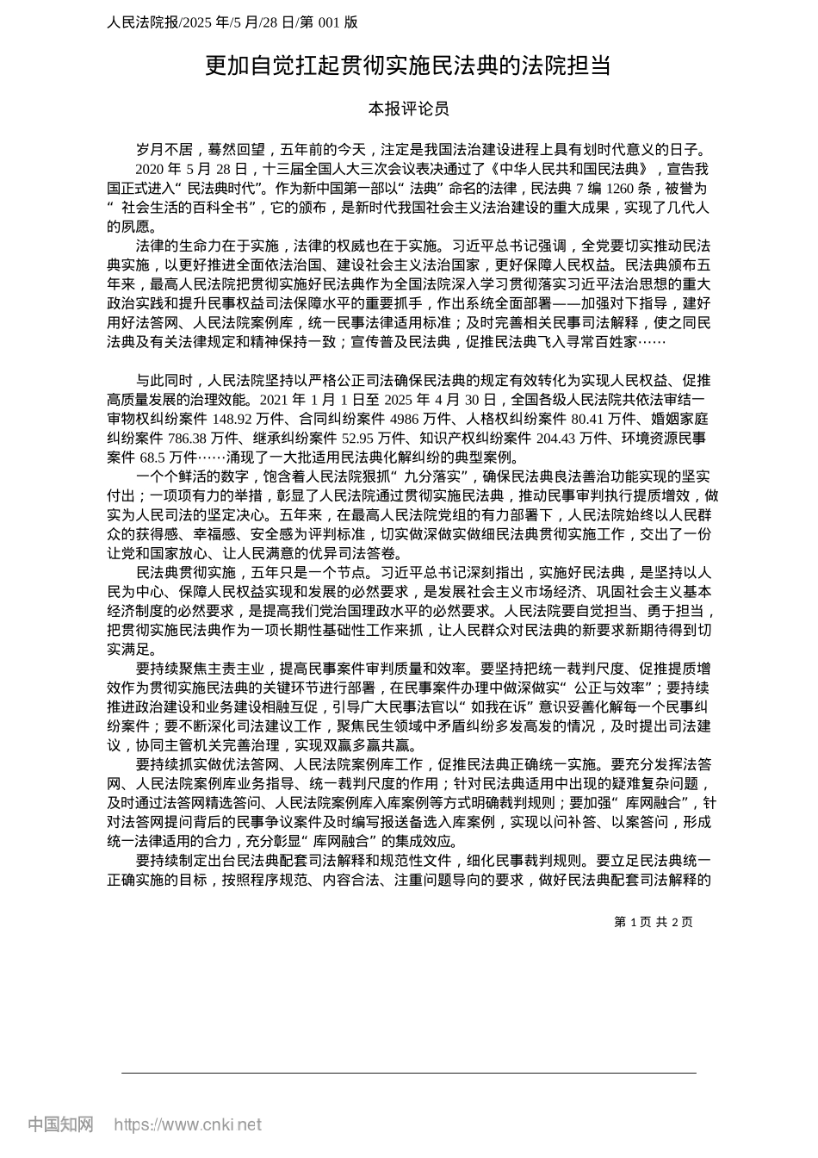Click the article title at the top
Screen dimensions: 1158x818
pyautogui.click(x=408, y=65)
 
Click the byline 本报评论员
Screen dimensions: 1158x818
pyautogui.click(x=408, y=109)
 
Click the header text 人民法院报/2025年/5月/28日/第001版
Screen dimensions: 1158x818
pyautogui.click(x=232, y=22)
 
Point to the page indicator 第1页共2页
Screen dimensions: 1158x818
pyautogui.click(x=654, y=922)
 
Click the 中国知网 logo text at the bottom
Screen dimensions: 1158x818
pyautogui.click(x=60, y=1124)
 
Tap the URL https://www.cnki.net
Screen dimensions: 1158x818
pyautogui.click(x=188, y=1124)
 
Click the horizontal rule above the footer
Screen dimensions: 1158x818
pyautogui.click(x=408, y=1073)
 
